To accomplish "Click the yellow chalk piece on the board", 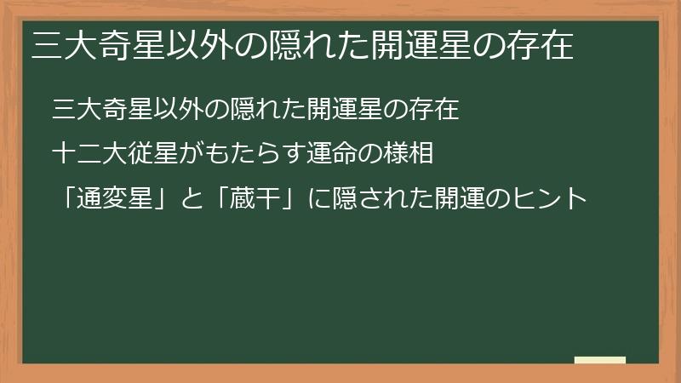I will tap(600, 360).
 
